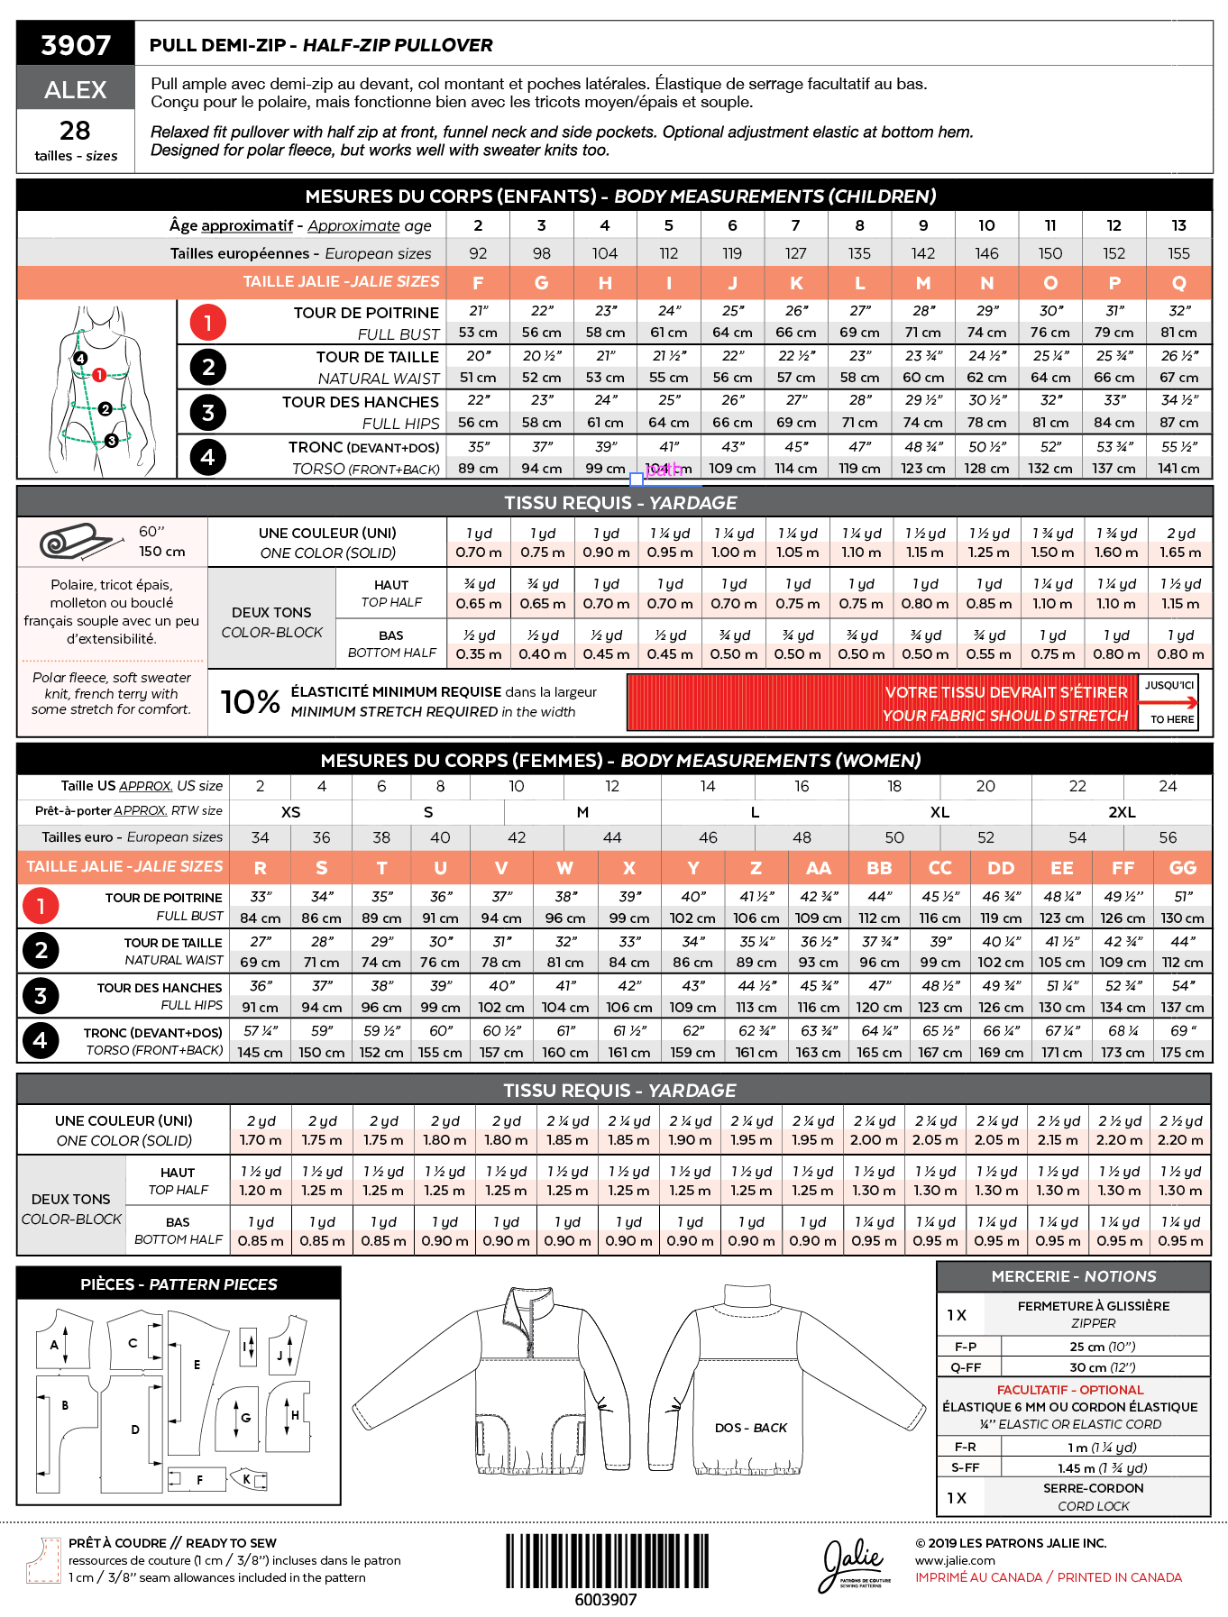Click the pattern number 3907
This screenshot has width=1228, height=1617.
point(76,45)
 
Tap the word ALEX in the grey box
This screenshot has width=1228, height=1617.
point(76,90)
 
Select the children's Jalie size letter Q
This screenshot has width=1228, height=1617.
point(1178,283)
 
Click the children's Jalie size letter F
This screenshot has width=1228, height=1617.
point(478,283)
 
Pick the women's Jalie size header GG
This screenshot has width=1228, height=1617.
point(1182,868)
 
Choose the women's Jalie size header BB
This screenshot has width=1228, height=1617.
point(879,868)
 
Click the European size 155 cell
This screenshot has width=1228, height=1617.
point(1178,253)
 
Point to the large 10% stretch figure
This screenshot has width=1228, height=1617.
point(250,702)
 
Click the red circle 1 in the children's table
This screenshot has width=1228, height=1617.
point(207,322)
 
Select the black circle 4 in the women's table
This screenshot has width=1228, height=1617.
point(41,1041)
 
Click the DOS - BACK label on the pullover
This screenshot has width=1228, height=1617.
point(750,1428)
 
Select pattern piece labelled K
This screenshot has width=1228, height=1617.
point(248,1479)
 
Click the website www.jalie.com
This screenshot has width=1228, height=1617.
point(955,1560)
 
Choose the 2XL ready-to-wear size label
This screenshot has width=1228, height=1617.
point(1122,812)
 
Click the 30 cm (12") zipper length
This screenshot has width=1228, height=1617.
point(1102,1367)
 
